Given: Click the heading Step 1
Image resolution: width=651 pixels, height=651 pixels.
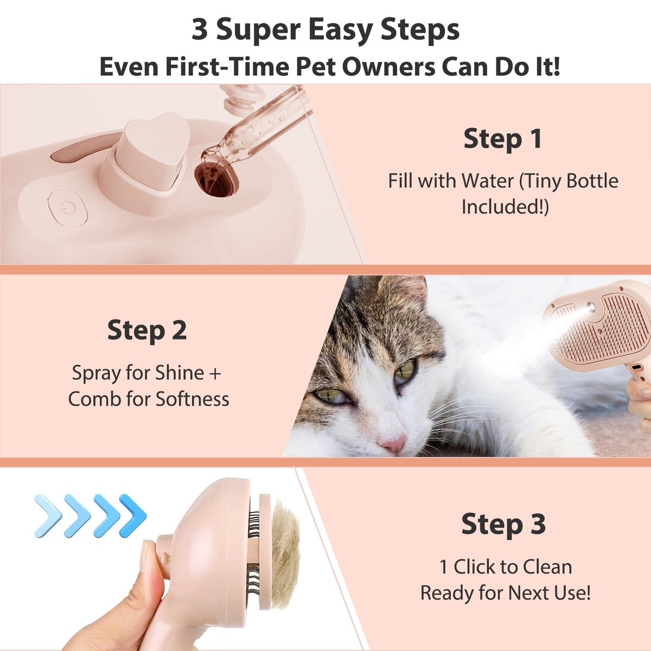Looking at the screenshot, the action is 503,139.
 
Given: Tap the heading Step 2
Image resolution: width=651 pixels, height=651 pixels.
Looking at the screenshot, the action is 147,330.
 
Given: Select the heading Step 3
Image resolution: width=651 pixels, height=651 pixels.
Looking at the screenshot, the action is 503,524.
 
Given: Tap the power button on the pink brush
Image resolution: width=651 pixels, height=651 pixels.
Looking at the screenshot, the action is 68,208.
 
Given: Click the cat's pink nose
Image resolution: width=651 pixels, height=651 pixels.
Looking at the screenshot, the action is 393,444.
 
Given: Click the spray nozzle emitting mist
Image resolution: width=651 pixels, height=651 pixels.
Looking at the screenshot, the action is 591,308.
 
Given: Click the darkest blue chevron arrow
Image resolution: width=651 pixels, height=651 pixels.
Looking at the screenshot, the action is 133,515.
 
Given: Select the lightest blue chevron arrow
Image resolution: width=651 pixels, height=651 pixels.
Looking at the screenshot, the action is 48,515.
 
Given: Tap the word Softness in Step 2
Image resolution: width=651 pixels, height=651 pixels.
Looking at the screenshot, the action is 193,399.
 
